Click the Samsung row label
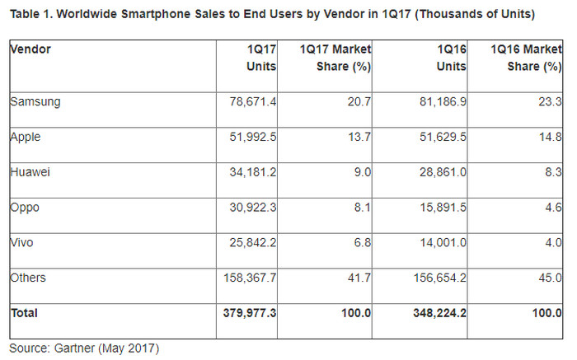coord(35,101)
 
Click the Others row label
coord(30,278)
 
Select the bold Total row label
coord(25,313)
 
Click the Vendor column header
coord(31,49)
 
